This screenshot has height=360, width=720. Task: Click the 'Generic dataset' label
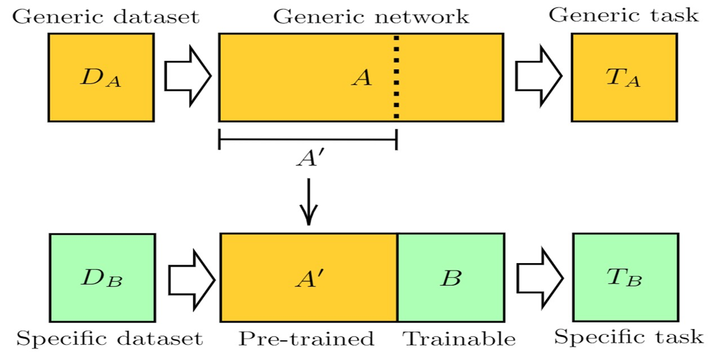pyautogui.click(x=105, y=16)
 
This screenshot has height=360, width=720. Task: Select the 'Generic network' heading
pyautogui.click(x=371, y=16)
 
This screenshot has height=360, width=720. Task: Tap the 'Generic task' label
pyautogui.click(x=624, y=15)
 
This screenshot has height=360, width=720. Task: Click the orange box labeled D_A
pyautogui.click(x=101, y=77)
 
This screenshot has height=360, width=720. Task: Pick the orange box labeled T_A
pyautogui.click(x=624, y=77)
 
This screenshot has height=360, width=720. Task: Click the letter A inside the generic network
pyautogui.click(x=362, y=78)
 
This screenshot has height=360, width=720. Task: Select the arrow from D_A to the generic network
pyautogui.click(x=187, y=77)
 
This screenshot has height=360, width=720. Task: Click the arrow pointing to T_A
pyautogui.click(x=538, y=77)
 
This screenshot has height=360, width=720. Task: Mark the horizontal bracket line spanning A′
pyautogui.click(x=307, y=139)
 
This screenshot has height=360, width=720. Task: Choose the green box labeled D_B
pyautogui.click(x=102, y=278)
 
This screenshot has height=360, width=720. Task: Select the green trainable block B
pyautogui.click(x=451, y=278)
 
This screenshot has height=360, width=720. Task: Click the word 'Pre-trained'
pyautogui.click(x=306, y=339)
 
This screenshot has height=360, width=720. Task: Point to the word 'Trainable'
pyautogui.click(x=460, y=339)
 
